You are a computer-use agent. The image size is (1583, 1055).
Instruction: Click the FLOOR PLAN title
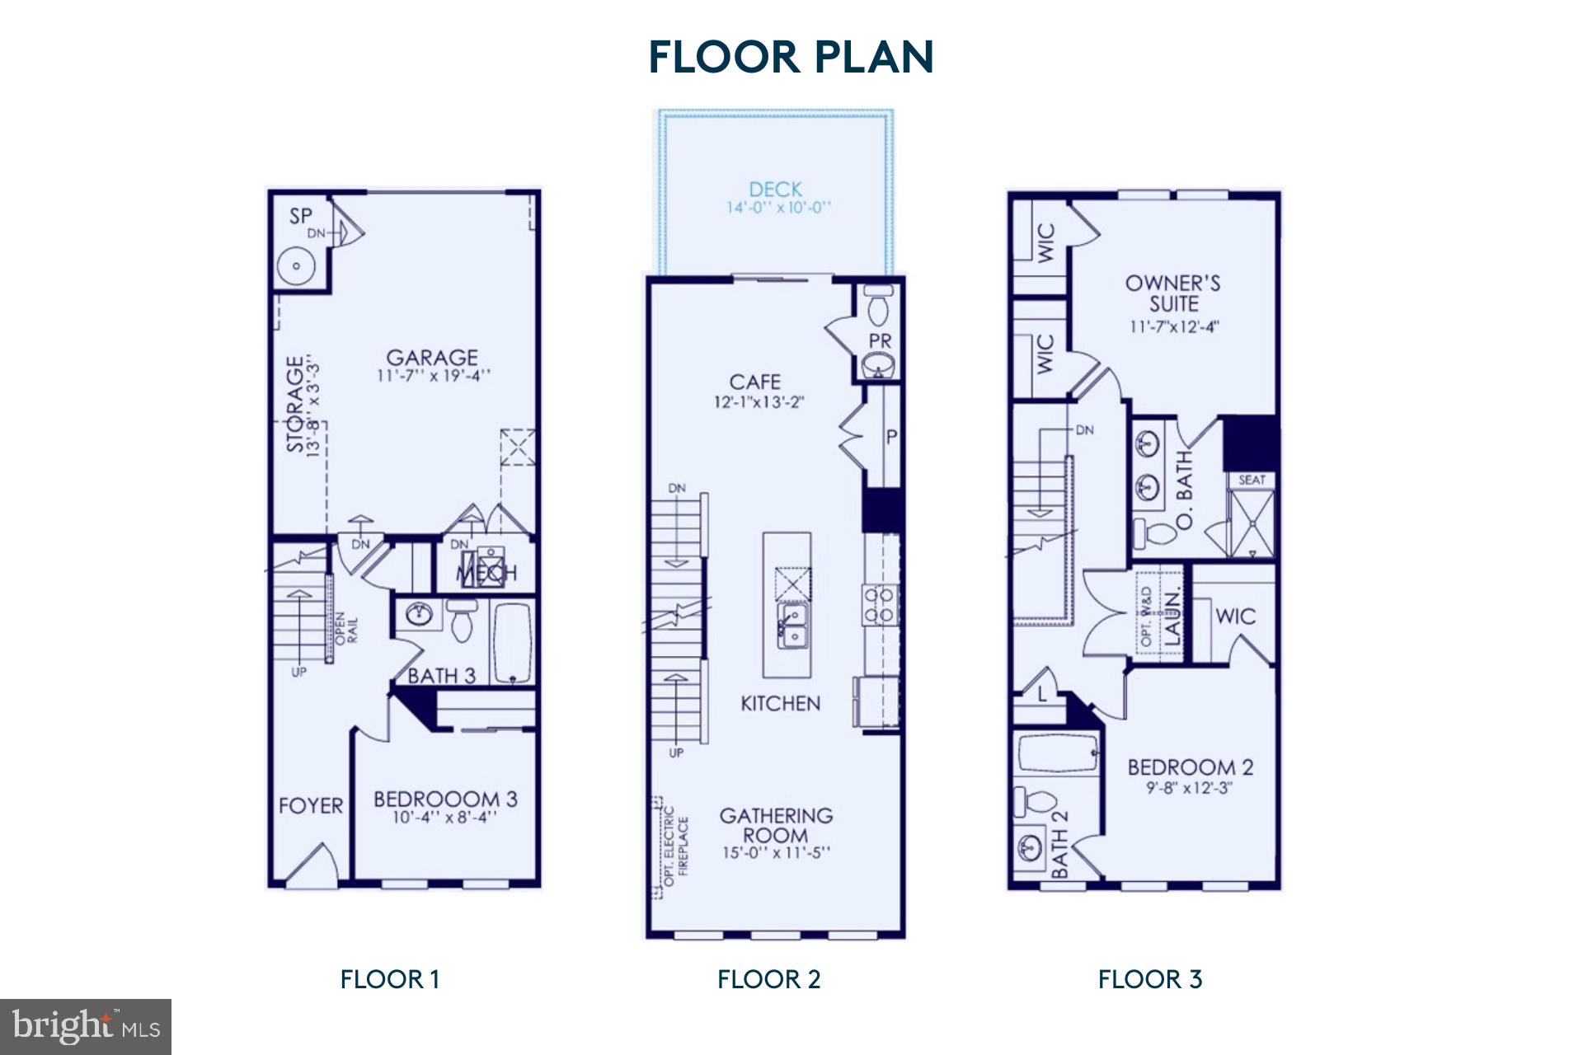[791, 57]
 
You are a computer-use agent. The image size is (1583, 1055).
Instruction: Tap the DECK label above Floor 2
[775, 190]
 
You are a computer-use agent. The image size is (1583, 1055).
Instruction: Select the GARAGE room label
[432, 358]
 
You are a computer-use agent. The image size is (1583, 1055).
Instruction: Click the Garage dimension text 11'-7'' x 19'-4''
[434, 377]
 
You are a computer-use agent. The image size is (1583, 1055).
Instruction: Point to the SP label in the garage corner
[301, 217]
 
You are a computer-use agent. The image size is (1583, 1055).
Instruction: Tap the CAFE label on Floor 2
[755, 382]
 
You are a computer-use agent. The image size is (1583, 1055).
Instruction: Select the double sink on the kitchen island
[791, 626]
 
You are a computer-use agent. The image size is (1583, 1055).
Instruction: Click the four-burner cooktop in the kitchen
[879, 604]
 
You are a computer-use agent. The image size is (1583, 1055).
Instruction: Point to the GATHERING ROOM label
[776, 825]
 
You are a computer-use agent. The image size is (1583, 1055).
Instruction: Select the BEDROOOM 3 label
[445, 799]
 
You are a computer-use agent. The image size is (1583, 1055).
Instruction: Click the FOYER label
[311, 805]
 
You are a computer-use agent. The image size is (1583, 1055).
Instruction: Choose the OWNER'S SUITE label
[1173, 293]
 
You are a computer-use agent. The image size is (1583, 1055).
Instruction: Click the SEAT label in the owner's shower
[1252, 480]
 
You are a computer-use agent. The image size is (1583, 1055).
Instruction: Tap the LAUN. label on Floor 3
[1172, 615]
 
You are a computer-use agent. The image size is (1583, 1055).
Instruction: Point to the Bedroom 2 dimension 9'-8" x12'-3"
[1190, 788]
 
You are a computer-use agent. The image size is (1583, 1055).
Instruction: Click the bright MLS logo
[86, 1026]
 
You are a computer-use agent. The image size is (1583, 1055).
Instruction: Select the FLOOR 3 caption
[1150, 979]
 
